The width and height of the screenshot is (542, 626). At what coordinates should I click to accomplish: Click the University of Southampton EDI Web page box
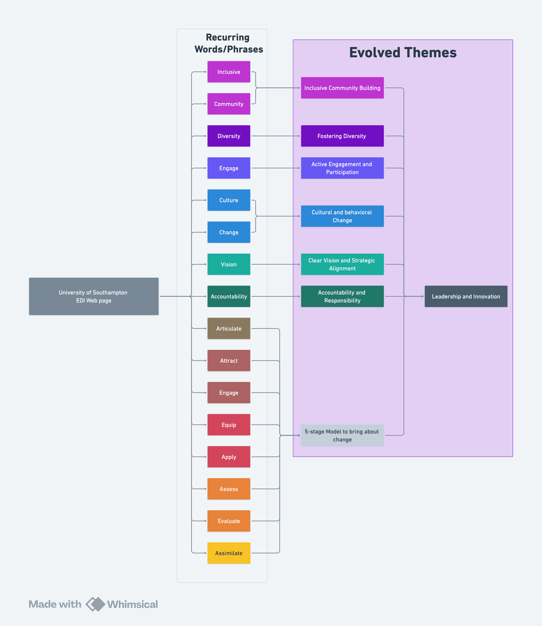tap(94, 296)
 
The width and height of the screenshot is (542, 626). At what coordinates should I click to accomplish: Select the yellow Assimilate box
tap(229, 553)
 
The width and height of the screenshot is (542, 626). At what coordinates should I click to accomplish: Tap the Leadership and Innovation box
tap(466, 296)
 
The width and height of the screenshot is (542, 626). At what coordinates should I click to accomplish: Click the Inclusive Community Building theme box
tap(342, 88)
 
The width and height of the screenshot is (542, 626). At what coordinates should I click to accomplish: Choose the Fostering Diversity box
tap(342, 136)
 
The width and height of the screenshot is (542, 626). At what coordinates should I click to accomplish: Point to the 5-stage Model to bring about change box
tap(342, 435)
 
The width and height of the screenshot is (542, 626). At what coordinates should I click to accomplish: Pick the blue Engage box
tap(229, 168)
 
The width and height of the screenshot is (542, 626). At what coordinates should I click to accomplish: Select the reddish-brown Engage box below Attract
tap(229, 393)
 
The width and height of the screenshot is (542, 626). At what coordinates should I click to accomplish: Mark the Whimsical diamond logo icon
tap(95, 604)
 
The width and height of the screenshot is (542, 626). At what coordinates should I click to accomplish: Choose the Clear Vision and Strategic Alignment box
tap(342, 264)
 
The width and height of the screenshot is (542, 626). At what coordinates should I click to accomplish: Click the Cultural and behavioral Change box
tap(342, 216)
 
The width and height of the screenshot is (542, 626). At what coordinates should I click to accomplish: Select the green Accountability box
tap(229, 296)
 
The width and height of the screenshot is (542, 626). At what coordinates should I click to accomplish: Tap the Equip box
tap(229, 425)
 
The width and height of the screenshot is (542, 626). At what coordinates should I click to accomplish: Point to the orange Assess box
tap(229, 489)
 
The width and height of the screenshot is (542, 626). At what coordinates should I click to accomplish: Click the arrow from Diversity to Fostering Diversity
tap(275, 136)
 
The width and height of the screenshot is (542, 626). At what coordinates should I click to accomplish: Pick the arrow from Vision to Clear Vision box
tap(275, 264)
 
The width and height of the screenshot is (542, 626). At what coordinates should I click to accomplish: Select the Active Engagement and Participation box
tap(342, 168)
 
